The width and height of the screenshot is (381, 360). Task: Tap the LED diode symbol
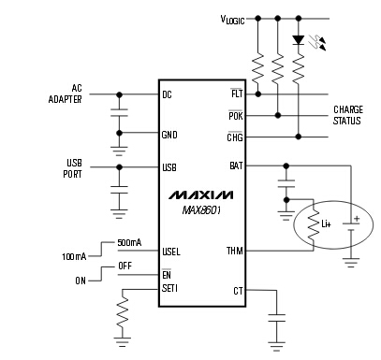[x=298, y=40]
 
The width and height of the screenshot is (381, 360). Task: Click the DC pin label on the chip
[x=168, y=94]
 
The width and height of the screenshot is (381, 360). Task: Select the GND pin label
[x=169, y=134]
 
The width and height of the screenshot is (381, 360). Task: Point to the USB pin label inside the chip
[x=169, y=168]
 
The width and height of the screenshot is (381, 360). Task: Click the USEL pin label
[x=171, y=251]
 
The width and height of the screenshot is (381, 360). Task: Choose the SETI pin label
[x=170, y=287]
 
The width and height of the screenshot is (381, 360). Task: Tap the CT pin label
[x=238, y=291]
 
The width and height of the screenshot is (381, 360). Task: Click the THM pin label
[x=235, y=251]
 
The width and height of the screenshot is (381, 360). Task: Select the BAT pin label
[x=236, y=166]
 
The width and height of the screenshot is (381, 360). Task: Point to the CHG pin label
[x=235, y=138]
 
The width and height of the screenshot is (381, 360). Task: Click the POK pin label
[x=236, y=116]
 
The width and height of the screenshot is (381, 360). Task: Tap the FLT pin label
[x=237, y=94]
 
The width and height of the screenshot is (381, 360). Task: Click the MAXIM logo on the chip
[x=201, y=195]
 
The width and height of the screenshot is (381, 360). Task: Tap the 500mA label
[x=129, y=243]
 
